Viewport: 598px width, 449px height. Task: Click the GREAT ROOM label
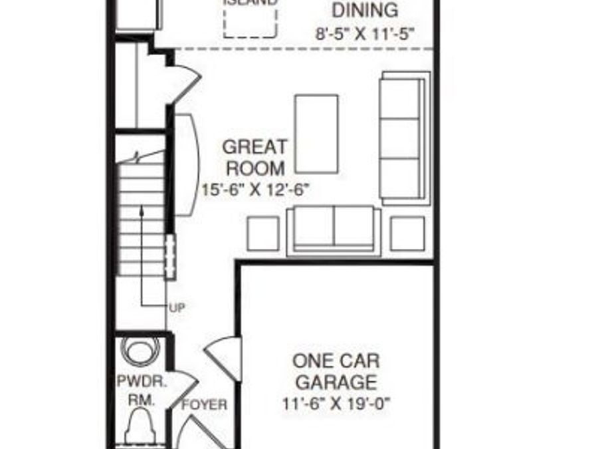pyautogui.click(x=254, y=157)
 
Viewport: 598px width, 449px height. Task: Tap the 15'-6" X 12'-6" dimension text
pyautogui.click(x=256, y=190)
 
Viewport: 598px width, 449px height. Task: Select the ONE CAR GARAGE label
pyautogui.click(x=336, y=372)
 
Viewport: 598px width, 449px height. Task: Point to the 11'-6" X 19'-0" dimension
pyautogui.click(x=337, y=403)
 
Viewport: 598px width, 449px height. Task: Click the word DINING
pyautogui.click(x=365, y=10)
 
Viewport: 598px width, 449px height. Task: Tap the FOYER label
pyautogui.click(x=205, y=404)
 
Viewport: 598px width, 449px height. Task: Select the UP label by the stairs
pyautogui.click(x=177, y=307)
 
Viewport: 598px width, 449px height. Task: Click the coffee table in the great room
pyautogui.click(x=316, y=133)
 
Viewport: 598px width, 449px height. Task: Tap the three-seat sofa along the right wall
pyautogui.click(x=402, y=138)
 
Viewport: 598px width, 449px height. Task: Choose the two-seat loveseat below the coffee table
pyautogui.click(x=334, y=230)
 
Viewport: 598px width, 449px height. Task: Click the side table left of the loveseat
pyautogui.click(x=263, y=233)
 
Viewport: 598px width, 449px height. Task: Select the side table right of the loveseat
pyautogui.click(x=407, y=233)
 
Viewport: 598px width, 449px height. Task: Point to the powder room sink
pyautogui.click(x=141, y=351)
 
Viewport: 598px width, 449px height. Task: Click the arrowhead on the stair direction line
pyautogui.click(x=142, y=211)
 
